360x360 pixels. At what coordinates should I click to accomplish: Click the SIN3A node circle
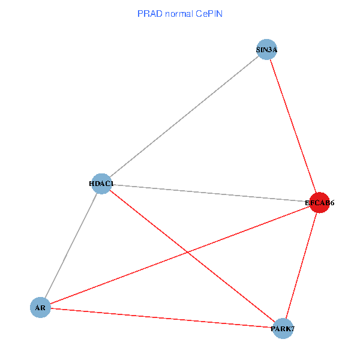pos(266,50)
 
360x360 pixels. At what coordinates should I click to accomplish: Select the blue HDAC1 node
pos(103,184)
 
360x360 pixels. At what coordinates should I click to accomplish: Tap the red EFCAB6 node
pos(319,203)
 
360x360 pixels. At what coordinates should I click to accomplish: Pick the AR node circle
pos(40,308)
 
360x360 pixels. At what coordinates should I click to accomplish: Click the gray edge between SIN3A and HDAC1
pos(184,116)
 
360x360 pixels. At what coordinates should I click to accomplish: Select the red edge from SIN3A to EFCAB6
pos(292,126)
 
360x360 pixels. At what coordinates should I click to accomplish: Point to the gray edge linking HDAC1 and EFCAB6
pos(210,193)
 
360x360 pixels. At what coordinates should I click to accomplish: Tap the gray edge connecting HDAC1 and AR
pos(71,245)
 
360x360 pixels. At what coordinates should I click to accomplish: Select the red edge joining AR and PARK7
pos(162,318)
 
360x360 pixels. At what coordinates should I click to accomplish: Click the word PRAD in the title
pos(148,13)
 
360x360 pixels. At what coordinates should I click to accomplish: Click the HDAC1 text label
pos(101,184)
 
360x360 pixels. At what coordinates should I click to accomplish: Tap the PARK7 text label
pos(283,329)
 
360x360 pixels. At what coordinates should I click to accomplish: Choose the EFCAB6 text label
pos(319,203)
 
